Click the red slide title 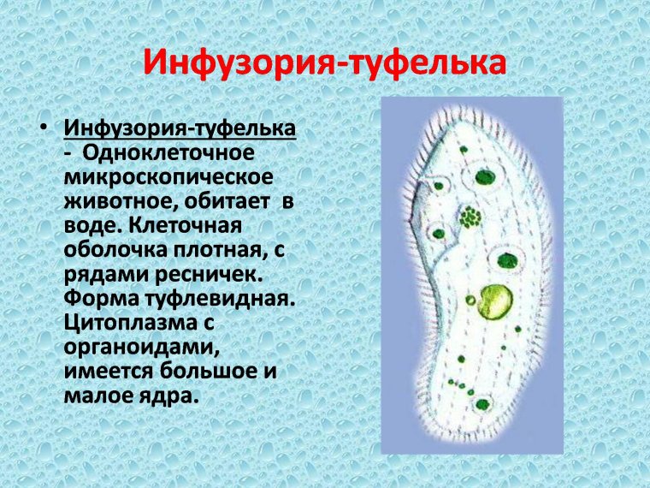point(324,62)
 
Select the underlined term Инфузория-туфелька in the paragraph point(180,129)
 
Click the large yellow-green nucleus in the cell point(494,301)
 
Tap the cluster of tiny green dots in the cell point(469,217)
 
